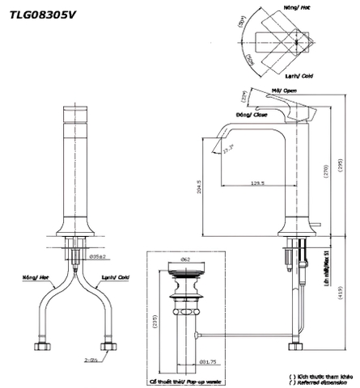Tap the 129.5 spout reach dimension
pos(259,183)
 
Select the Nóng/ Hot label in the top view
pos(297,6)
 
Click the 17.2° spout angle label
pos(229,145)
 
